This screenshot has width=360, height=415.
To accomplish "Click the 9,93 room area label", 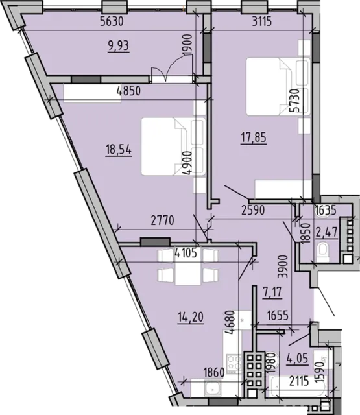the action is (x=119, y=46).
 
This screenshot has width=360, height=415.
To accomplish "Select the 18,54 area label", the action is (x=119, y=150).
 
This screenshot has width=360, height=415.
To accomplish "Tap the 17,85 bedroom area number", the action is (x=254, y=138).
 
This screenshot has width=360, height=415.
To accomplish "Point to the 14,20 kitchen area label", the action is (x=191, y=316).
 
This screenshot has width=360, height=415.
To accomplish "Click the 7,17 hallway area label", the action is (x=272, y=292).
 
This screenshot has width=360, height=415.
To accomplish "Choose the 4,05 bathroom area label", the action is (x=298, y=359).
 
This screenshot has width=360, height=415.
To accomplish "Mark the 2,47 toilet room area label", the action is (x=327, y=233).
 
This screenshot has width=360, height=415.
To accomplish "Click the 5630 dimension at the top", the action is (x=112, y=21).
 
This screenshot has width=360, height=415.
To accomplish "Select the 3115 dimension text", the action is (x=262, y=21).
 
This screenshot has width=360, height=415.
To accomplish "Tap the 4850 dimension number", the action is (x=128, y=91).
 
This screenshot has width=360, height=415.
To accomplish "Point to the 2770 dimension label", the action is (x=163, y=220).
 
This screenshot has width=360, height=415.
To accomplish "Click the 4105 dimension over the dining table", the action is (x=186, y=254).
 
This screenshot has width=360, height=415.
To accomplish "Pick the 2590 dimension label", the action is (x=253, y=210).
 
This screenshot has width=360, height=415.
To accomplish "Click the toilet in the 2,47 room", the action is (x=322, y=252).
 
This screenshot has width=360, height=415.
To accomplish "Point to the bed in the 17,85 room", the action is (x=278, y=87).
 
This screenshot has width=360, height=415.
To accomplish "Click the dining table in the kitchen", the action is (x=189, y=269).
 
